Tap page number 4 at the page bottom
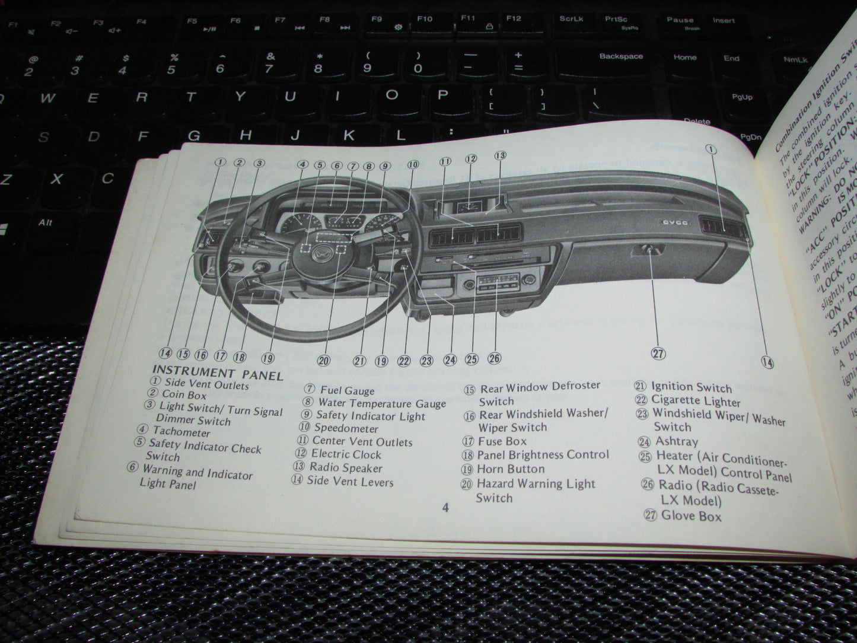[x=445, y=508]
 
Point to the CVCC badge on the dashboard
[x=674, y=223]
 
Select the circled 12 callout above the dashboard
[x=471, y=158]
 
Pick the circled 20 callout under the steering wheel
[x=323, y=360]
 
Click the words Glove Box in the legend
[x=691, y=515]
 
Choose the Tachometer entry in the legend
[x=181, y=432]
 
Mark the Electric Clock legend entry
[x=346, y=455]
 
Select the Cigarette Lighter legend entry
[x=696, y=401]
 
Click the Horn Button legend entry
[x=511, y=469]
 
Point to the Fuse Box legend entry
[x=502, y=441]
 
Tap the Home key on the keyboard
[x=684, y=58]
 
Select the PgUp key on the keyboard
[x=742, y=97]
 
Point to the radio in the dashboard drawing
[x=494, y=285]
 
